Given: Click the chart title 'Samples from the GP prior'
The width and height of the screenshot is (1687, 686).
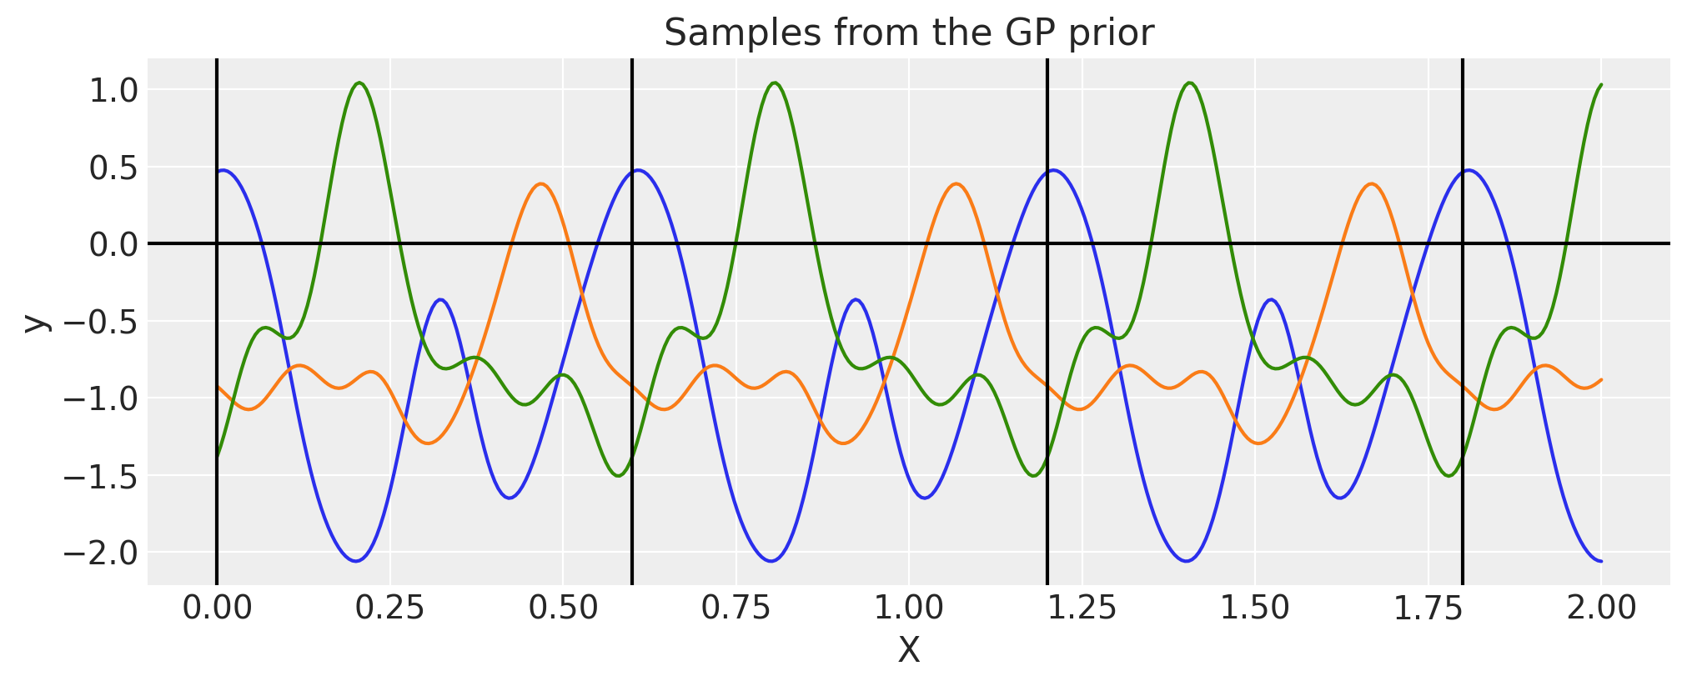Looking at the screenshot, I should coord(908,33).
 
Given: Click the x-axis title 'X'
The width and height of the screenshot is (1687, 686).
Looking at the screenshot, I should coord(908,650).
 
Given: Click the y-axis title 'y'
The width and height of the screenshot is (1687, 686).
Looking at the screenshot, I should coord(35,323).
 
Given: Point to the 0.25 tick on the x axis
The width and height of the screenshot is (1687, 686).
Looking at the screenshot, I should coord(389,608).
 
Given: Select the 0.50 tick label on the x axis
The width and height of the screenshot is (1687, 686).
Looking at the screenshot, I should coord(563,608).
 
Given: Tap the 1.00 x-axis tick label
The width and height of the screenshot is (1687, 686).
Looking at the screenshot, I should coord(908,608).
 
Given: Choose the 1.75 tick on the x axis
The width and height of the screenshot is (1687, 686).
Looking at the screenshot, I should coord(1428,608).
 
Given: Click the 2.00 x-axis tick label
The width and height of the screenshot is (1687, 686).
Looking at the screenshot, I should coord(1601,608).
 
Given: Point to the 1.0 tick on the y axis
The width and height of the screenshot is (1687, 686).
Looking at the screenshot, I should coord(113,90).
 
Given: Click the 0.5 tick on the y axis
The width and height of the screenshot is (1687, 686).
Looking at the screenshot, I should coord(113,167).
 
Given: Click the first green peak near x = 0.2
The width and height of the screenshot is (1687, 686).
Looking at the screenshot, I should coord(359,83).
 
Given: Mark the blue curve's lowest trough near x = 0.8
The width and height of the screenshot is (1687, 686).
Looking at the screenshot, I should coord(771,561).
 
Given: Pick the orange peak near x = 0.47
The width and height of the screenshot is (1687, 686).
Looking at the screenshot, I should coord(541,183).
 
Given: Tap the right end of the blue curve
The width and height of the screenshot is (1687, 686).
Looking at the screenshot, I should coord(1601,561).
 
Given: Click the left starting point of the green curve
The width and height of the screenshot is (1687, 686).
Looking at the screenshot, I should coord(217,457).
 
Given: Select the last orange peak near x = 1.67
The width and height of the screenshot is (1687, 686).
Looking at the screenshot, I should coord(1372,183).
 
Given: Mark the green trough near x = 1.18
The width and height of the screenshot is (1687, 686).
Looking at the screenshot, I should coord(1034,476).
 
